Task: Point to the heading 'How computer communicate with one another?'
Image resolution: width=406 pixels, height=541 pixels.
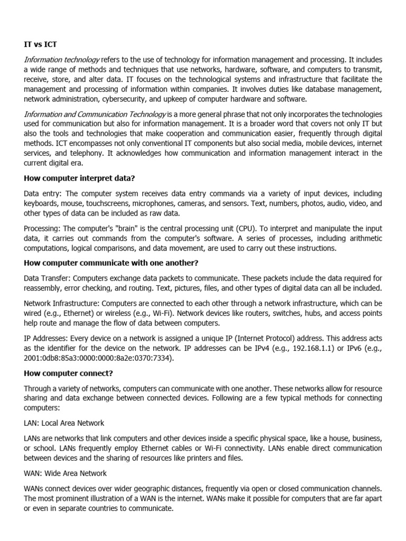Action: (111, 263)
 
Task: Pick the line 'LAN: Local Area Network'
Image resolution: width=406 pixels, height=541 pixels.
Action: (64, 423)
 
